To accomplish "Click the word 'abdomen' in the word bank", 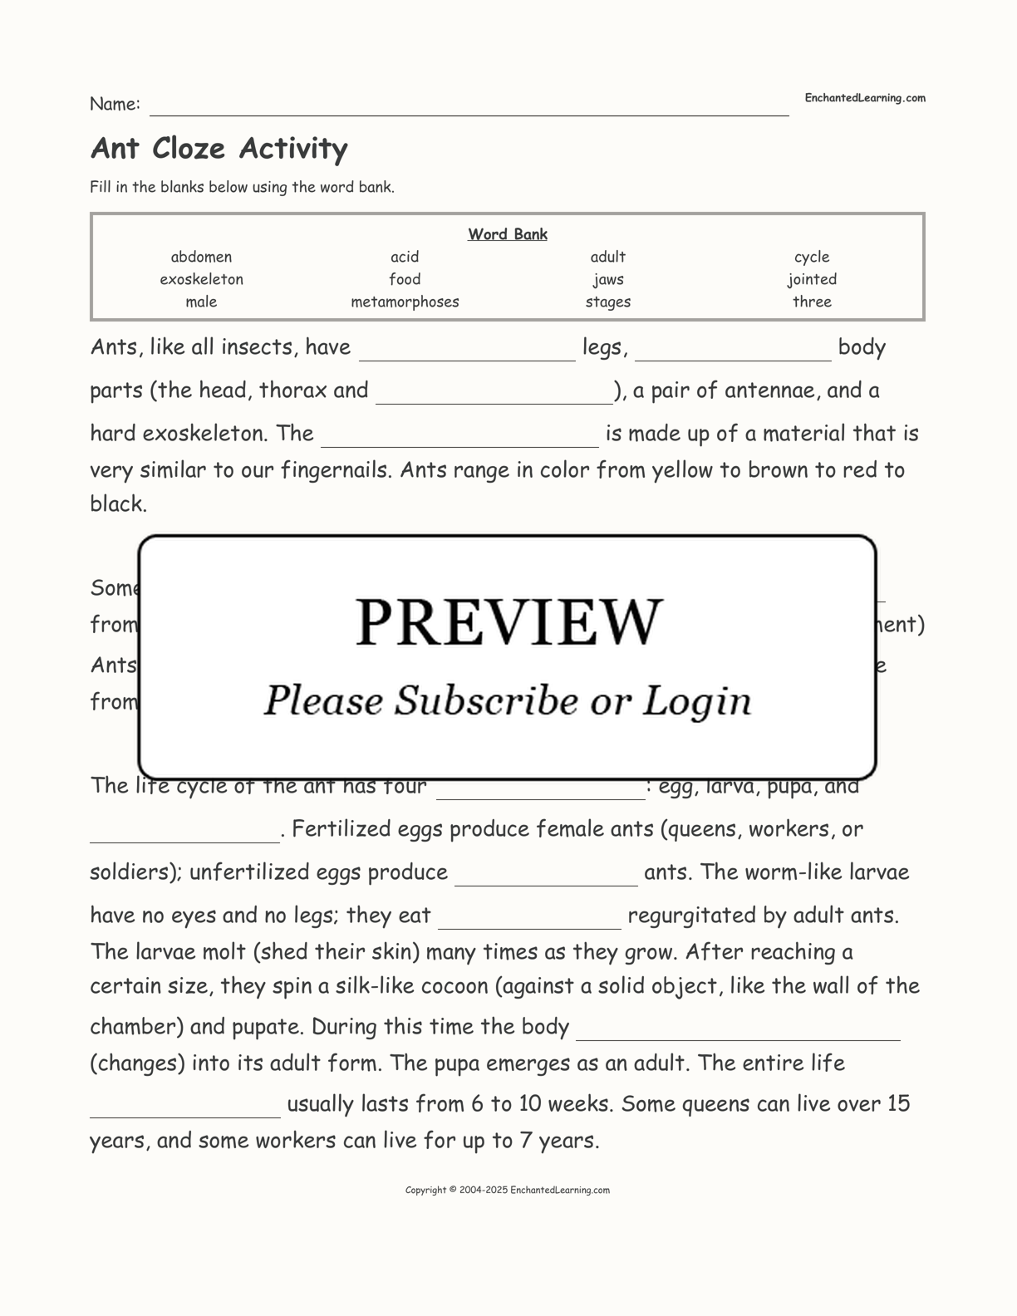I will tap(201, 257).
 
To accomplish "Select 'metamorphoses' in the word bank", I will tap(405, 302).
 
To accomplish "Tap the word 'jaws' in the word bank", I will tap(608, 279).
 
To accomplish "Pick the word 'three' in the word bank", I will tap(812, 302).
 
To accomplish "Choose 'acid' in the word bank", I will tap(405, 257).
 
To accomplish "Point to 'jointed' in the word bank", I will tap(812, 279).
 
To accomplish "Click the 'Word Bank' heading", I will tap(508, 234).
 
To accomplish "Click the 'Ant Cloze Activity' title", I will tap(219, 148).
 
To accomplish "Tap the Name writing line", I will tap(469, 108).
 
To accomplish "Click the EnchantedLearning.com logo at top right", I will tap(864, 98).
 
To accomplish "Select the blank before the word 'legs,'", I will tap(467, 352).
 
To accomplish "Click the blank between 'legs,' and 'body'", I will tap(733, 352).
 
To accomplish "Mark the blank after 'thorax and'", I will tap(494, 395).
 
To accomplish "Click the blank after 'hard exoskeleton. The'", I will tap(459, 439).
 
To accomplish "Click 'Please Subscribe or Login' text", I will tap(508, 700).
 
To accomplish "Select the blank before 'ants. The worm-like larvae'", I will tap(546, 877).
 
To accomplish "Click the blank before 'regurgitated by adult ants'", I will tap(529, 921).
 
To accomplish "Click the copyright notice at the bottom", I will tap(508, 1190).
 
